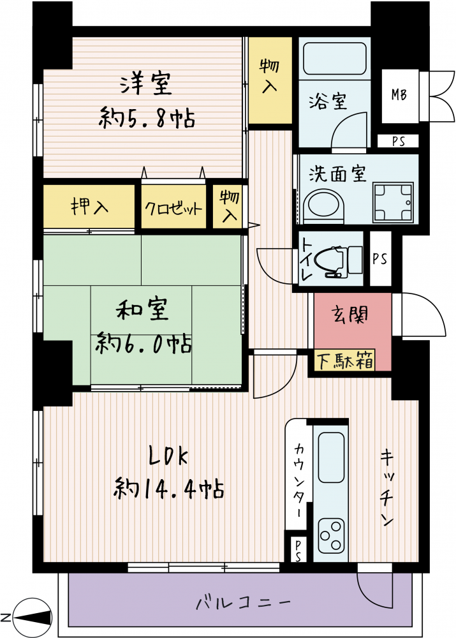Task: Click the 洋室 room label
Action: click(x=146, y=84)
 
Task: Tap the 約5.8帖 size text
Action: click(x=147, y=118)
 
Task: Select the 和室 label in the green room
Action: click(x=142, y=309)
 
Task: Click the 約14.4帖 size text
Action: click(x=168, y=488)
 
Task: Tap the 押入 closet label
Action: click(x=89, y=206)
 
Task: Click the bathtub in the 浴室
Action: click(x=335, y=59)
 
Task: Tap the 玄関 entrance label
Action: click(x=349, y=315)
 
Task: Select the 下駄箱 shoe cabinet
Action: click(x=345, y=360)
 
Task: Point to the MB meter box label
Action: click(x=399, y=95)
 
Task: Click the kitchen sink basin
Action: click(x=331, y=457)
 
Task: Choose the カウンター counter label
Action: click(x=299, y=480)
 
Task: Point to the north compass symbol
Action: click(x=33, y=617)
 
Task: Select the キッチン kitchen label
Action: click(x=387, y=488)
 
